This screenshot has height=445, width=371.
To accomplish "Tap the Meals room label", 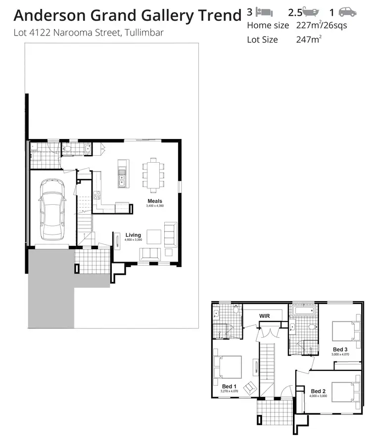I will click(x=154, y=201).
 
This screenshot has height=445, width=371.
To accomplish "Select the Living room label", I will click(x=133, y=235).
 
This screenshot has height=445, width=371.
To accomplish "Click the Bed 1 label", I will click(x=229, y=386).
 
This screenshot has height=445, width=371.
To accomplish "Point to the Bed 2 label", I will click(x=318, y=391).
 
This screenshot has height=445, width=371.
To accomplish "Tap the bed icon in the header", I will click(x=265, y=12).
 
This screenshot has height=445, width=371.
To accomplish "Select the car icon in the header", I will click(x=347, y=12).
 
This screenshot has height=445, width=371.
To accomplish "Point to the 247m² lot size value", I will click(x=307, y=40).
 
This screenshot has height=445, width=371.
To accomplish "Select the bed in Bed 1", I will click(x=228, y=366).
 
